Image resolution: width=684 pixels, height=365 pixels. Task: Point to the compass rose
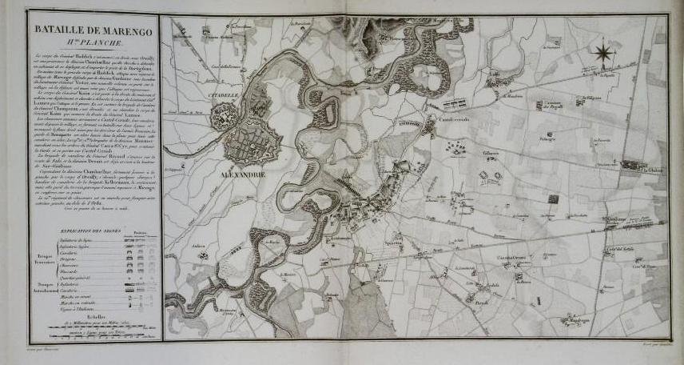tap(604, 54)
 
